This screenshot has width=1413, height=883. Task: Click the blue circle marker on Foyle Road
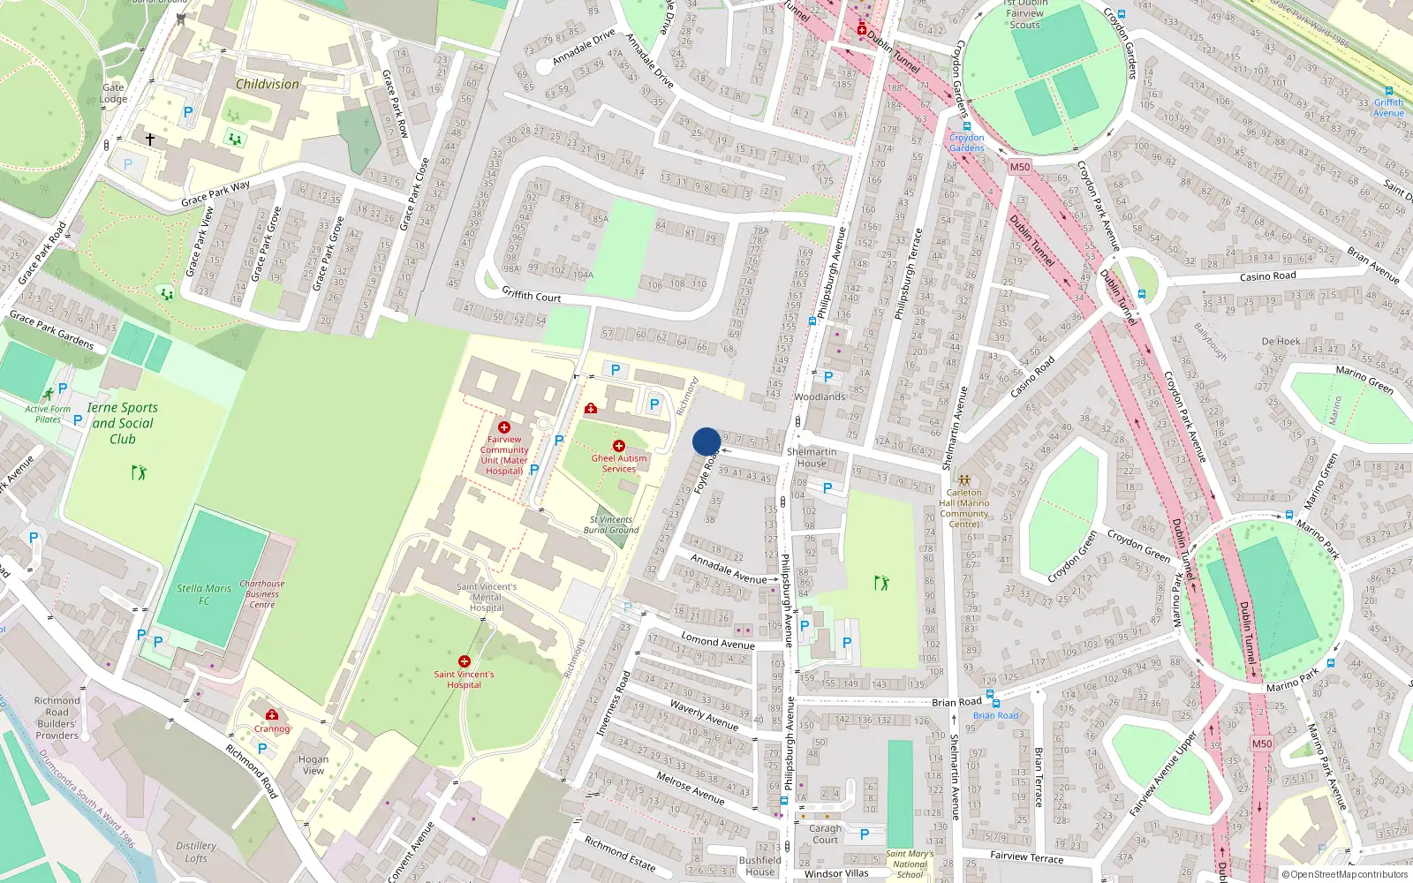click(x=706, y=441)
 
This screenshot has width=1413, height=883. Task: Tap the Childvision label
click(x=267, y=85)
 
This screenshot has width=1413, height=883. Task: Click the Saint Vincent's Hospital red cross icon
click(x=464, y=661)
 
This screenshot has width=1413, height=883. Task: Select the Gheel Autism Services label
click(x=618, y=464)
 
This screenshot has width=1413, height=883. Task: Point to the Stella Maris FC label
click(x=204, y=594)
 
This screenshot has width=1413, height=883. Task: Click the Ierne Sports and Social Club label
click(x=123, y=423)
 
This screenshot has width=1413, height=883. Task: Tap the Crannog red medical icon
click(x=271, y=714)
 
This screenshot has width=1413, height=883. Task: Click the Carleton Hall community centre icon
click(x=964, y=480)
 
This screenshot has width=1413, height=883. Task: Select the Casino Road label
click(x=1267, y=276)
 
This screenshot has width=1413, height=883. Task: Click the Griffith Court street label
click(x=531, y=295)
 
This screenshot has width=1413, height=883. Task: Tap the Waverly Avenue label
click(x=704, y=714)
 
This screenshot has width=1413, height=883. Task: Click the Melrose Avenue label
click(x=690, y=788)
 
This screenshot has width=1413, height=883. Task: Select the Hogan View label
click(x=313, y=765)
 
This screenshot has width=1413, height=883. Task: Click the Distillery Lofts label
click(x=196, y=851)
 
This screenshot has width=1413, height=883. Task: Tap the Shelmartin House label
click(x=812, y=457)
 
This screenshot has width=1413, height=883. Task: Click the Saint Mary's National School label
click(x=910, y=864)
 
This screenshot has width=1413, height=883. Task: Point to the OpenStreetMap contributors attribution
click(x=1345, y=874)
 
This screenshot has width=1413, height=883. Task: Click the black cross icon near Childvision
click(x=150, y=140)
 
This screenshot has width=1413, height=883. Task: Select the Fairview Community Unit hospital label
click(x=504, y=455)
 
